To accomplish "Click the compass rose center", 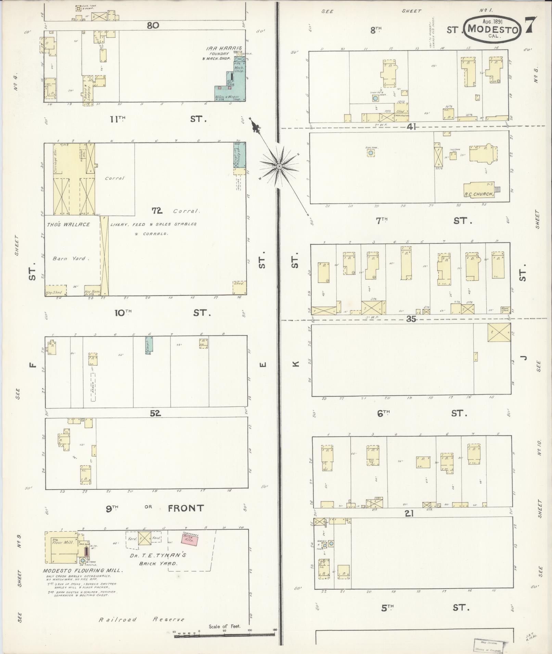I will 279,166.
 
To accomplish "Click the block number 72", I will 157,211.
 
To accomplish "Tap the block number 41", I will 411,127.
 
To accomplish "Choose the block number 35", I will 411,319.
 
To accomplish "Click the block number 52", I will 155,413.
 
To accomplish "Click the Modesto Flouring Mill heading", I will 83,571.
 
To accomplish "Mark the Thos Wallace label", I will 68,225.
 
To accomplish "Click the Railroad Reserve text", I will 142,619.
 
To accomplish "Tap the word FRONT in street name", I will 186,508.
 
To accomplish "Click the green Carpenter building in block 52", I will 149,345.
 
